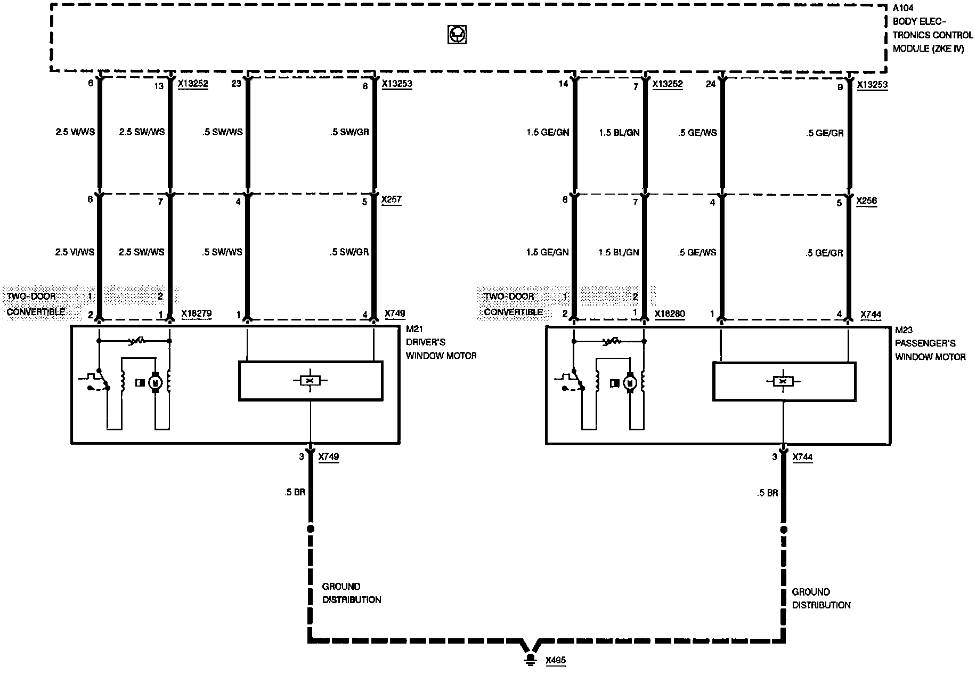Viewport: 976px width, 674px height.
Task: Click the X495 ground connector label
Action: tap(556, 660)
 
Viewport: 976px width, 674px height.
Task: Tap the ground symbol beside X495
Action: tap(530, 660)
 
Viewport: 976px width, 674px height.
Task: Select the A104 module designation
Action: tap(904, 8)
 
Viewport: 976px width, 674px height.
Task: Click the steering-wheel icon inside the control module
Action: tap(457, 35)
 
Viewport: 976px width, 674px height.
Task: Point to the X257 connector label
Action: tap(392, 200)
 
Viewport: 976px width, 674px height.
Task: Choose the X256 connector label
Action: tap(866, 201)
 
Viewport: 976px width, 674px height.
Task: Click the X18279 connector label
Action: tap(197, 314)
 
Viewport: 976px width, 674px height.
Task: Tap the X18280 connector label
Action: tap(670, 314)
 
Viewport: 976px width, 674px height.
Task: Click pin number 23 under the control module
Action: tap(237, 83)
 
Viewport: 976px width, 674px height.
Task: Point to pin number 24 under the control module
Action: tap(711, 84)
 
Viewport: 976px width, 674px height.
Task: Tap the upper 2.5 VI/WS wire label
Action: tap(75, 132)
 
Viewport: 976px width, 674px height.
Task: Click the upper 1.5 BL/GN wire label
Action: tap(619, 132)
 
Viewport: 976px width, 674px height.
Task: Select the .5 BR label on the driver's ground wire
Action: tap(295, 492)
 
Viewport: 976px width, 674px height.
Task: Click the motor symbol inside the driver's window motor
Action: tap(156, 382)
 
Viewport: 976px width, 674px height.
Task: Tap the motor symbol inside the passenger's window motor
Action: tap(630, 382)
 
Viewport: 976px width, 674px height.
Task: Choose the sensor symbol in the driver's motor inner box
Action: tap(310, 380)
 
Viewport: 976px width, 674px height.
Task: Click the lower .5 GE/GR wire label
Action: tap(824, 253)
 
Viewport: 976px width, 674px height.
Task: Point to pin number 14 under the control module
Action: tap(564, 84)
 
